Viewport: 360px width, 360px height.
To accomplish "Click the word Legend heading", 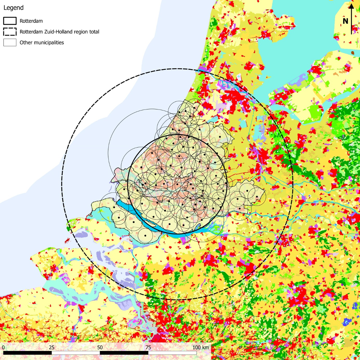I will pos(13,8).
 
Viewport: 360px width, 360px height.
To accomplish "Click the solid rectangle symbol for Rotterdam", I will pos(10,21).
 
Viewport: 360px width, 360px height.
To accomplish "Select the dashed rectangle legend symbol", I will pos(10,32).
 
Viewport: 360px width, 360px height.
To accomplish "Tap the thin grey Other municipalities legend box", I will pos(10,42).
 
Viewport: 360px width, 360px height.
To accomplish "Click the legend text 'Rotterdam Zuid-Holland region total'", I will pos(59,32).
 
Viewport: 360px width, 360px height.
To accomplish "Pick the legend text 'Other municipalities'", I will pos(42,42).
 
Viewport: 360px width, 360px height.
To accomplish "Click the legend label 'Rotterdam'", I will pos(31,21).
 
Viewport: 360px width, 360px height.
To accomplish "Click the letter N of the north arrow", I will pos(345,21).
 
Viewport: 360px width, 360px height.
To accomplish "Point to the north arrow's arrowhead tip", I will pos(351,4).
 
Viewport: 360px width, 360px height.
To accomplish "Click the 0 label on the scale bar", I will pos(3,347).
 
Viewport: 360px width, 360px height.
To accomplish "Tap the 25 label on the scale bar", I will pos(51,347).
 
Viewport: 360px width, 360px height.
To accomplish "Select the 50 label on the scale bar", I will pos(100,347).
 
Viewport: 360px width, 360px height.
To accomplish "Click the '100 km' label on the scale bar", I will pos(200,347).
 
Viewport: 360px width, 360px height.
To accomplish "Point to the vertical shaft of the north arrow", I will pos(351,22).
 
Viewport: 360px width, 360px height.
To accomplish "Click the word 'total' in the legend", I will pos(93,32).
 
